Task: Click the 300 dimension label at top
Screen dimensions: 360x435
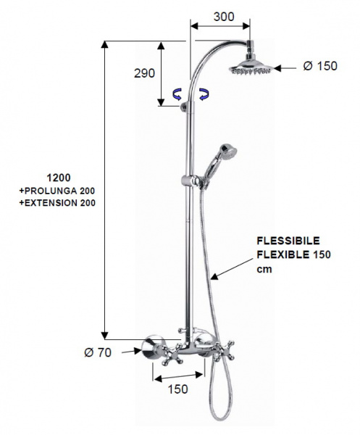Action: pyautogui.click(x=224, y=17)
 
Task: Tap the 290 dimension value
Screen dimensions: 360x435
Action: pyautogui.click(x=144, y=73)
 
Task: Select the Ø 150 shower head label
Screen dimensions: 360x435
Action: pyautogui.click(x=320, y=66)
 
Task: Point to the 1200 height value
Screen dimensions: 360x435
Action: pyautogui.click(x=59, y=178)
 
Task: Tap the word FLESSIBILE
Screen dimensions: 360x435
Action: pyautogui.click(x=288, y=241)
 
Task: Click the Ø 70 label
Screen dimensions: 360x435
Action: pyautogui.click(x=98, y=352)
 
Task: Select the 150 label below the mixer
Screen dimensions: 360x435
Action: pyautogui.click(x=178, y=389)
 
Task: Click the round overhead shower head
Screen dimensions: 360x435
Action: pyautogui.click(x=251, y=67)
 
